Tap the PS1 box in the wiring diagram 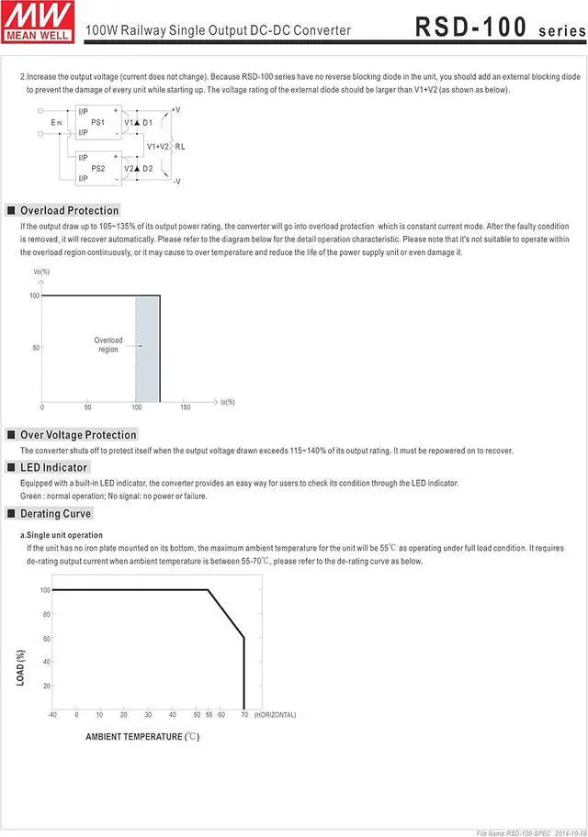[x=97, y=122]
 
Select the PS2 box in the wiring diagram [x=97, y=169]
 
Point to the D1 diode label [x=147, y=122]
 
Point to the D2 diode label [x=147, y=169]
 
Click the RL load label [x=180, y=146]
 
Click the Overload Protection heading [x=69, y=211]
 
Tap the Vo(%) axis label [x=41, y=272]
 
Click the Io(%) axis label [x=228, y=402]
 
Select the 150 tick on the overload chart [x=186, y=407]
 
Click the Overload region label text [x=108, y=345]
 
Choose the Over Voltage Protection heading [x=78, y=435]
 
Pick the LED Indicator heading [x=53, y=468]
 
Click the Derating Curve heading [x=56, y=514]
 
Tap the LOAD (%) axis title [x=21, y=667]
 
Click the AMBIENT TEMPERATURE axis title [x=142, y=737]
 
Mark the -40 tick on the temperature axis [x=53, y=715]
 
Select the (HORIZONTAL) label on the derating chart [x=276, y=715]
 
